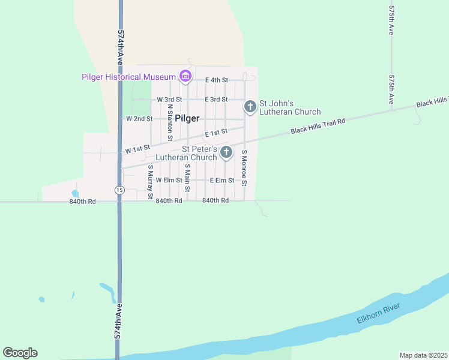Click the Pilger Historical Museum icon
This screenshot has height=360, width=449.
coord(185,76)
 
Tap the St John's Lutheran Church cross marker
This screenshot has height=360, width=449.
coord(250,107)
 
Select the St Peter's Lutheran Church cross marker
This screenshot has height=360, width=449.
coord(226,152)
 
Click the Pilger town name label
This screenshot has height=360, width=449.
coord(187,119)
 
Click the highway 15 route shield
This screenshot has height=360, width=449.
coord(120,190)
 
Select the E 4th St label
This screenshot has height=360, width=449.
coord(217,80)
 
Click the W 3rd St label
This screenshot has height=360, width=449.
coord(169,99)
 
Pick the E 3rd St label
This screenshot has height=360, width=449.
coord(216,99)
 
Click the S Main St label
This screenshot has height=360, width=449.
coord(187,178)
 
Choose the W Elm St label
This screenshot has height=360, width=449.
coord(169,180)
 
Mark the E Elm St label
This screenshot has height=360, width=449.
coord(221,180)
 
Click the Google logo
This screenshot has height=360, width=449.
coord(20,353)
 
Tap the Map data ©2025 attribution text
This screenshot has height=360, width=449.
coord(423,355)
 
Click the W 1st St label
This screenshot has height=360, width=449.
coord(137,148)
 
